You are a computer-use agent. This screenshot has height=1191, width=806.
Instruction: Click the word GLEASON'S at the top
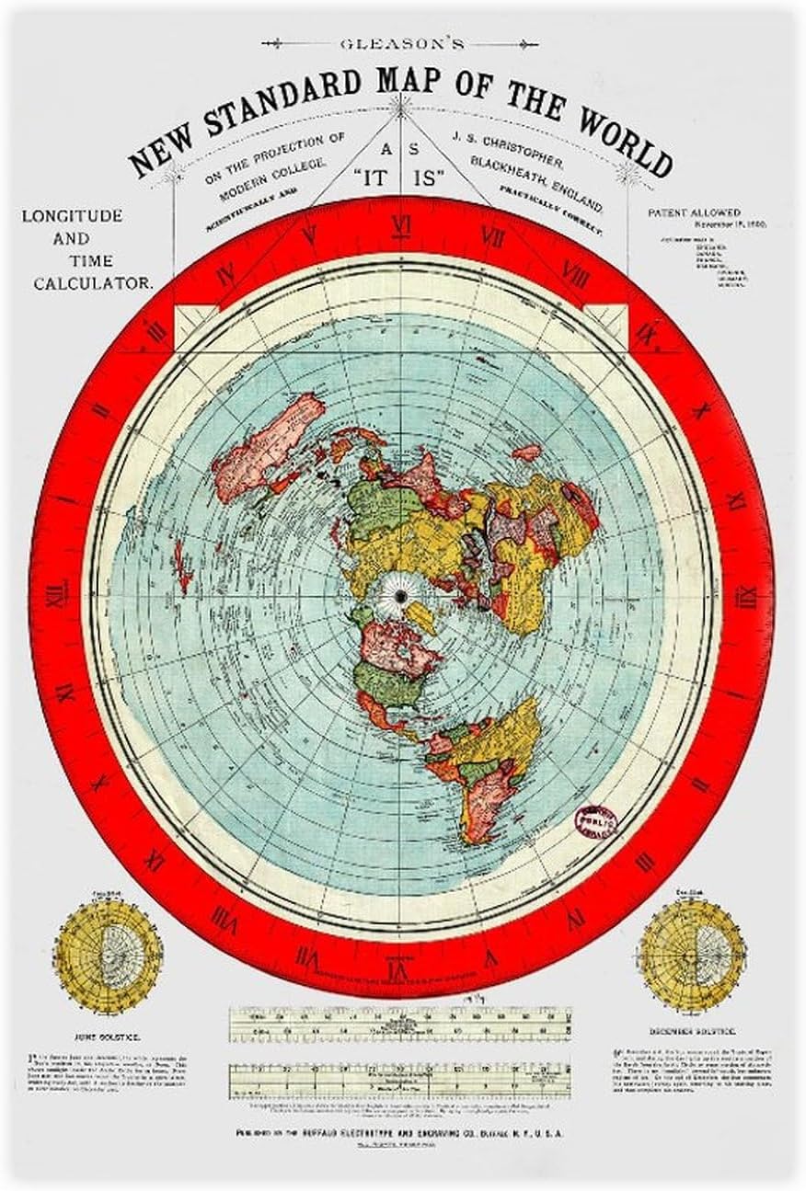401,42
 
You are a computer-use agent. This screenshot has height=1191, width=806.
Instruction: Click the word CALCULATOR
93,283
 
